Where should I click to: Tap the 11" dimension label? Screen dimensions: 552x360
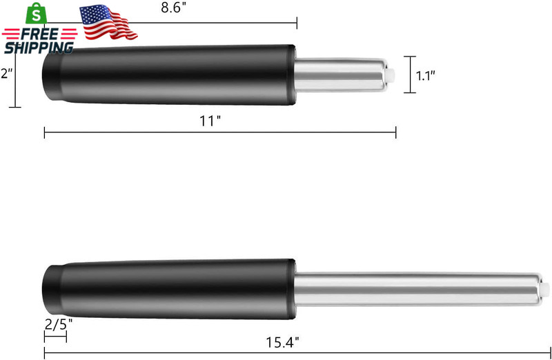coord(210,121)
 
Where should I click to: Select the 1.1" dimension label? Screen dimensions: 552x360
coord(426,75)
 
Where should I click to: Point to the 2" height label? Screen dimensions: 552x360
coord(6,74)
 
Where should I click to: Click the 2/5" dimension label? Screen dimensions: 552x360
coord(59,324)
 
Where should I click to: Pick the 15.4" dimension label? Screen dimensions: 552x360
coord(282,342)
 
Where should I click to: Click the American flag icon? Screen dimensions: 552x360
coord(108,22)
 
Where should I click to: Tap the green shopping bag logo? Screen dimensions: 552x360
coord(37,13)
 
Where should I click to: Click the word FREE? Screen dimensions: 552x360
coord(39,34)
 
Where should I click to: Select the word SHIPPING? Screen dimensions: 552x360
coord(39,48)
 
